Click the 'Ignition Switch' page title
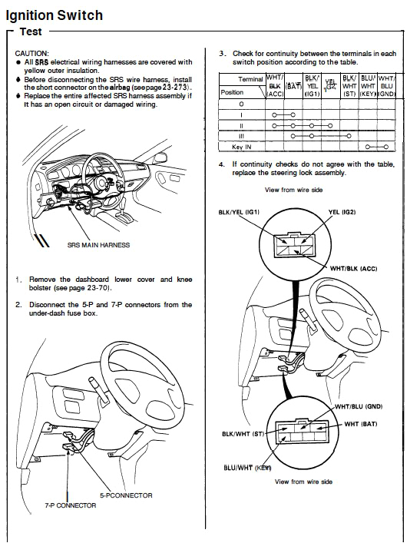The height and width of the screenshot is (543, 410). (x=56, y=15)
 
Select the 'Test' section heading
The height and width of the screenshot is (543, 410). (x=30, y=32)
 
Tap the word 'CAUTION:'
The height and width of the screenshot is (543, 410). (x=33, y=53)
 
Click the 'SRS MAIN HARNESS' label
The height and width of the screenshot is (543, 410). (x=98, y=245)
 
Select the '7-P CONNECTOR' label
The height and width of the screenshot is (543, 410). (x=70, y=505)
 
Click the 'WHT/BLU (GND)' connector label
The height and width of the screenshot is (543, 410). (x=359, y=406)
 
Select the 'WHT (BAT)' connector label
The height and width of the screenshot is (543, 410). (x=363, y=423)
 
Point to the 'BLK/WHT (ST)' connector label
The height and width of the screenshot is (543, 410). (x=243, y=434)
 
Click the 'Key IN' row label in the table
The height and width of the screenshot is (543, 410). (x=243, y=146)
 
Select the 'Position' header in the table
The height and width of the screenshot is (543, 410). (x=232, y=92)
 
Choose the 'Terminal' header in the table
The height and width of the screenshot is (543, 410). (x=250, y=79)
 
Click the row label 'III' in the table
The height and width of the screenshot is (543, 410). (x=242, y=135)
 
